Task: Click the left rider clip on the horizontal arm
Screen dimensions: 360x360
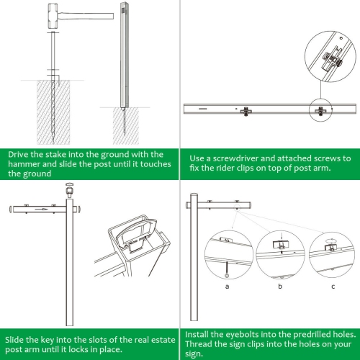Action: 246,111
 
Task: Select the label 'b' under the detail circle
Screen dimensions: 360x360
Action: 280,286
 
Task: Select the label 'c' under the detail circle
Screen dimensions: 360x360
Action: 332,286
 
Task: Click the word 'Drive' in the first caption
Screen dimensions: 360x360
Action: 21,154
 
